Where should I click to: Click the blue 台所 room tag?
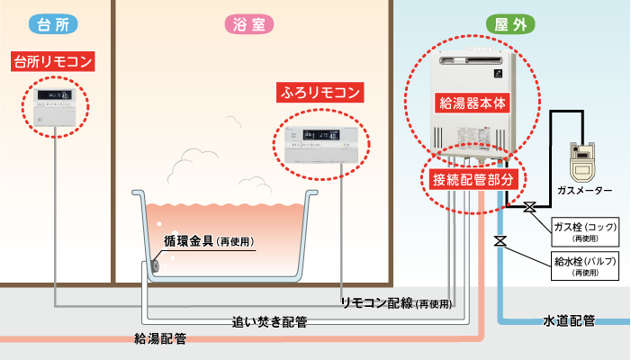tap(53, 24)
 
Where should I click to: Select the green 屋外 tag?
tap(510, 24)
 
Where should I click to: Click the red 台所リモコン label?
tap(53, 63)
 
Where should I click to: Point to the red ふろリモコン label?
tap(320, 92)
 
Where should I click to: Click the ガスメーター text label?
tap(585, 191)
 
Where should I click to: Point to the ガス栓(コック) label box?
tap(585, 231)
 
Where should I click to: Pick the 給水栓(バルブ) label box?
tap(585, 266)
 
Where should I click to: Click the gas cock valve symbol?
tap(529, 208)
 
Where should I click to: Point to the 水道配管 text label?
tap(569, 320)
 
